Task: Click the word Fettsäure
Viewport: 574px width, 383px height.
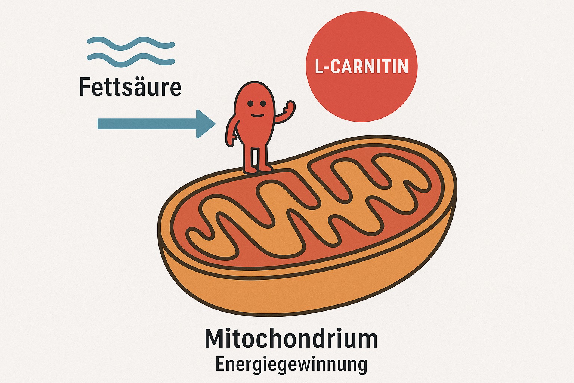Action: pyautogui.click(x=130, y=87)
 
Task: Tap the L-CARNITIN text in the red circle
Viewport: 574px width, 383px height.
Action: pyautogui.click(x=361, y=67)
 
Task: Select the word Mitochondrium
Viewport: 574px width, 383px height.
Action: pyautogui.click(x=291, y=339)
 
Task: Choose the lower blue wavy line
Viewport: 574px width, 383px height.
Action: pyautogui.click(x=130, y=59)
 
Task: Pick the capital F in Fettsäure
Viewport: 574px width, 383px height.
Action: pyautogui.click(x=85, y=87)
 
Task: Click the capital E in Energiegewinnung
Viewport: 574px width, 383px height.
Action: pyautogui.click(x=220, y=364)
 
